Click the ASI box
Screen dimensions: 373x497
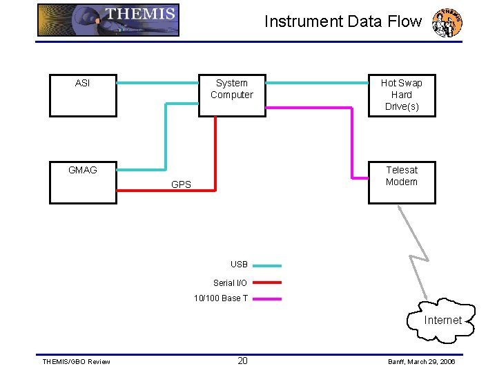(x=83, y=95)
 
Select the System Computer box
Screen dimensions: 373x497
(x=232, y=95)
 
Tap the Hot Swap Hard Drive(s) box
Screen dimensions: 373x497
(x=402, y=95)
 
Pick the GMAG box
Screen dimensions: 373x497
(x=83, y=182)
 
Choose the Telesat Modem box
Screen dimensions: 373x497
(x=402, y=182)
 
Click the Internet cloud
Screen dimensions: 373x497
(x=442, y=320)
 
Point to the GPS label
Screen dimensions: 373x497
(x=181, y=185)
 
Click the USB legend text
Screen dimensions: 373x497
(x=239, y=265)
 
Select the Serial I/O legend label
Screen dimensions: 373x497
(x=230, y=283)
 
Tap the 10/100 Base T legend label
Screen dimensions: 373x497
(x=221, y=298)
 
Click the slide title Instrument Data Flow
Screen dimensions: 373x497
(x=342, y=21)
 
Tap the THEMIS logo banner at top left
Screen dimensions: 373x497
(x=108, y=20)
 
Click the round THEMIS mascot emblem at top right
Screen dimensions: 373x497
(x=447, y=23)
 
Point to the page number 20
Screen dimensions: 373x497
(x=243, y=361)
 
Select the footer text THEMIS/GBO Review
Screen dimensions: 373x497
(x=76, y=362)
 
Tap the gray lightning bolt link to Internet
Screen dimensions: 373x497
(x=416, y=252)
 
